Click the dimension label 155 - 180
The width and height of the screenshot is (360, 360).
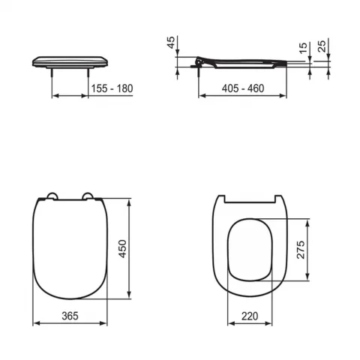(112, 88)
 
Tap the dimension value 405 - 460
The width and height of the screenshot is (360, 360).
(244, 88)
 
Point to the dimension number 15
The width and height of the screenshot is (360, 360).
(303, 49)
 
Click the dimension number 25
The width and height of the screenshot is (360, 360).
(322, 49)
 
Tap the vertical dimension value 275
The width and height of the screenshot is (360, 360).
(301, 250)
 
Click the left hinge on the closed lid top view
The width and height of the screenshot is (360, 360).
(50, 198)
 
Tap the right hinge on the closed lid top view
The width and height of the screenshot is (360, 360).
(91, 198)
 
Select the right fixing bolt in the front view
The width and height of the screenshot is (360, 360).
(91, 71)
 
